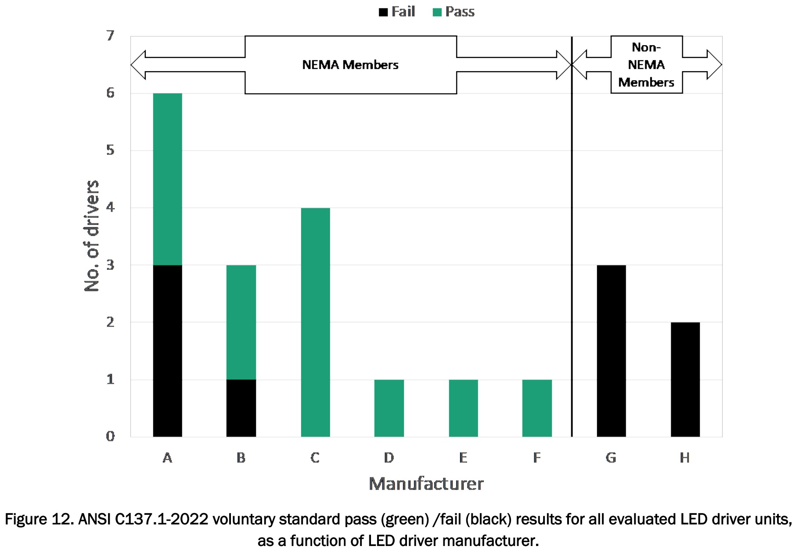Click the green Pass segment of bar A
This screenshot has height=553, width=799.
[x=167, y=179]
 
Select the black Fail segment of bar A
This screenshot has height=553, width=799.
[x=167, y=351]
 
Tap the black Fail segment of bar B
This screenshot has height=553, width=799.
[x=241, y=408]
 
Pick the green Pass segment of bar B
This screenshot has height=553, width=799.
[x=241, y=322]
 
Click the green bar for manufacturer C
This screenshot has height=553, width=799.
[x=315, y=322]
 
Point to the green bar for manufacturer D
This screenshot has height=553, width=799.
[x=389, y=408]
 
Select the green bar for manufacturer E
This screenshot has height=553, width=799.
[x=463, y=408]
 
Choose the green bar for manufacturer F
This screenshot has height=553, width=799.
[x=537, y=408]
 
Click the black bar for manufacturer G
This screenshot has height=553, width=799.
[x=611, y=351]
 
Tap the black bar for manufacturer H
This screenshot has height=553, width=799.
[x=685, y=379]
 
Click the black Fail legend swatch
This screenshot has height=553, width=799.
[x=383, y=12]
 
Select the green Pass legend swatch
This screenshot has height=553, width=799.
[x=437, y=12]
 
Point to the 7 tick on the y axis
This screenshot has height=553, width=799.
[x=110, y=36]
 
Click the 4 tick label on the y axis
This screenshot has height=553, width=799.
[x=110, y=207]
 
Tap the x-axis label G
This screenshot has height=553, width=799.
[x=611, y=458]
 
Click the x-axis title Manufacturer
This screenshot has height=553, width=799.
[x=426, y=484]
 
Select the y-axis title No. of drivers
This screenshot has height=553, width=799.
[x=92, y=236]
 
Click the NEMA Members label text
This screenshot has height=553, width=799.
[x=350, y=65]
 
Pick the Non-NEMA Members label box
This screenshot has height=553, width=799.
[x=646, y=65]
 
